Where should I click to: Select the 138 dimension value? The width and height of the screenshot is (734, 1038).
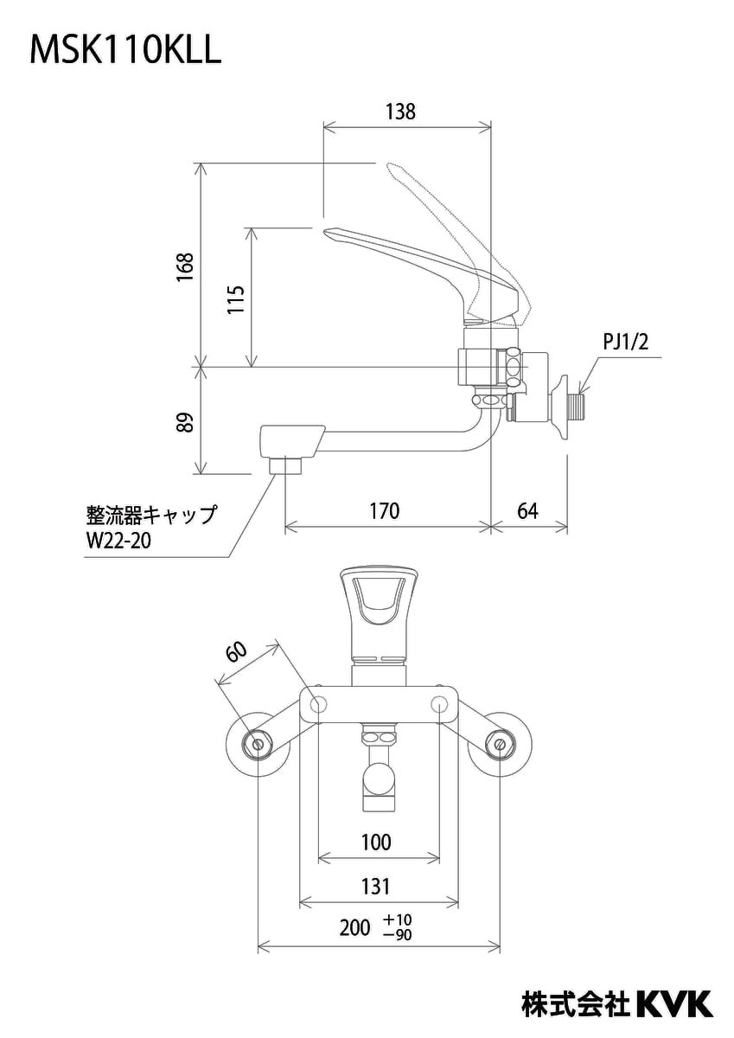(400, 112)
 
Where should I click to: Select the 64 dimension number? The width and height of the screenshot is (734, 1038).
(527, 511)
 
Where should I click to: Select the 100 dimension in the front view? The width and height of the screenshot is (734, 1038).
(375, 842)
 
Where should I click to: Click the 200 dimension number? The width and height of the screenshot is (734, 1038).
(354, 928)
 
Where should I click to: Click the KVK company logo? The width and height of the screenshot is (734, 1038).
(674, 1004)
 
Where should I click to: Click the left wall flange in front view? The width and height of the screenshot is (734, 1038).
(257, 744)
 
